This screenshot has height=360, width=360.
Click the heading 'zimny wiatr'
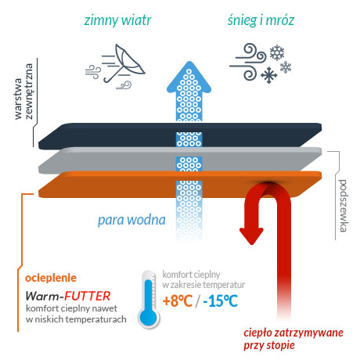(117, 21)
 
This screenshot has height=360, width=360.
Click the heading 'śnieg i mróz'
(261, 20)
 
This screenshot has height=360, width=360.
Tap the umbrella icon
(124, 63)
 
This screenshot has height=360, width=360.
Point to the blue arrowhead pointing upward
(189, 77)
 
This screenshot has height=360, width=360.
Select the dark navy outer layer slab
(180, 136)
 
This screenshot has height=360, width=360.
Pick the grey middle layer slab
(180, 160)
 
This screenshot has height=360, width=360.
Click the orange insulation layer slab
(180, 184)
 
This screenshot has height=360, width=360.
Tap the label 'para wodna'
(131, 221)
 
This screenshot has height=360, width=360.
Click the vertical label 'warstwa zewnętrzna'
(23, 92)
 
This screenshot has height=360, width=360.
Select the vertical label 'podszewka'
(343, 206)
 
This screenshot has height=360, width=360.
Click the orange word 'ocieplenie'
(51, 278)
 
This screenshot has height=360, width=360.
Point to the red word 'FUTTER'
(88, 296)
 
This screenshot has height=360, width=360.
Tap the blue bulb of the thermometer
(148, 316)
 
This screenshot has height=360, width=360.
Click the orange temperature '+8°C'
(178, 301)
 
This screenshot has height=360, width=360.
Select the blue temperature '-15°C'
(221, 301)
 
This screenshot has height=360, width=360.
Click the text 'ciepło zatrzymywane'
(293, 333)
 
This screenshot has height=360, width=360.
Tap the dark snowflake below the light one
(269, 75)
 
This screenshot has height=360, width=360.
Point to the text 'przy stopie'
(269, 346)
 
